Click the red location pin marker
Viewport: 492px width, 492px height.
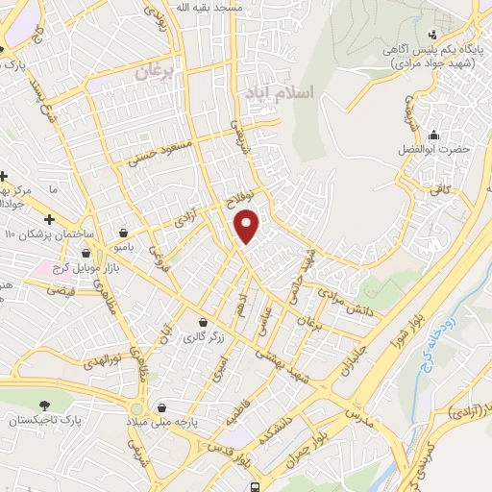(248, 225)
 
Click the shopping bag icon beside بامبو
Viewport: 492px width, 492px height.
(123, 233)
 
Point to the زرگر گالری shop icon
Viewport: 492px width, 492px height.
(203, 322)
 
